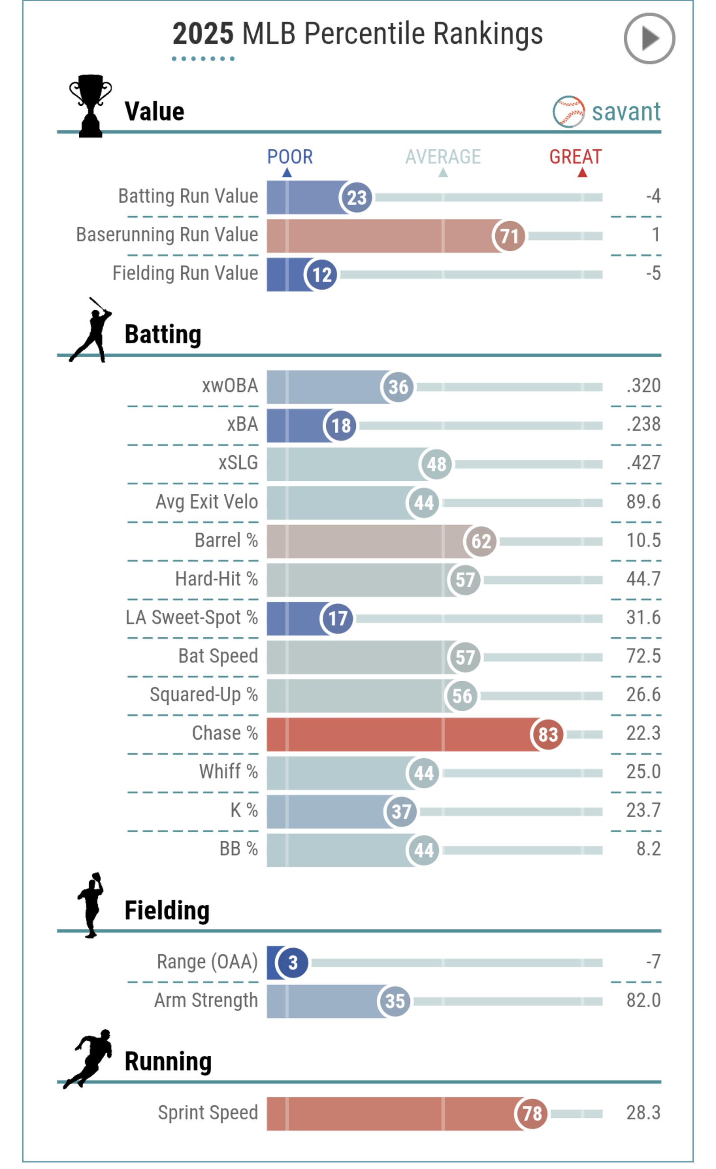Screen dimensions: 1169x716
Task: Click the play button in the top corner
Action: [648, 38]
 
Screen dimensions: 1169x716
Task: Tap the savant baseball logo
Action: [568, 112]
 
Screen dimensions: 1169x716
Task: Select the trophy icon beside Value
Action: [91, 106]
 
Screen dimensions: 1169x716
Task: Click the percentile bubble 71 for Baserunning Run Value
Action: [509, 236]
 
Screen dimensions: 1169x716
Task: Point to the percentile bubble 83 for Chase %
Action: [547, 734]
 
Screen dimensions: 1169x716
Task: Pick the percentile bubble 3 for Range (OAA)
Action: [292, 963]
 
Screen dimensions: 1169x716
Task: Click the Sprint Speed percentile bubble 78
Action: [531, 1113]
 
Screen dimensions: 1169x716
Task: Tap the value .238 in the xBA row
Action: [643, 424]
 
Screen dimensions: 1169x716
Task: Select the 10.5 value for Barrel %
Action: [643, 541]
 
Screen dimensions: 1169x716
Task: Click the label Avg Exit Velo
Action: [206, 502]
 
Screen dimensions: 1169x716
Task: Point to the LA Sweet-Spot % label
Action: [192, 618]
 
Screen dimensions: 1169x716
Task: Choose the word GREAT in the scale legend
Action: [575, 157]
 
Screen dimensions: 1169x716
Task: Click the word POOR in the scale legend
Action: [290, 157]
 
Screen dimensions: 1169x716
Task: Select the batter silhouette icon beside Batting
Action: [91, 330]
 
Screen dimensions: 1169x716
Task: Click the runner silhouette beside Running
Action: [89, 1059]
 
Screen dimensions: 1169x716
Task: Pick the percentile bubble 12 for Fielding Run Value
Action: [321, 275]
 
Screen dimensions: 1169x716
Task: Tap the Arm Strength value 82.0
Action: [643, 1000]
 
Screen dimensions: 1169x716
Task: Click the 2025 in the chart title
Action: [203, 34]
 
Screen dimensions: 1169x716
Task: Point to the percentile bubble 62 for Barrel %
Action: [481, 541]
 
